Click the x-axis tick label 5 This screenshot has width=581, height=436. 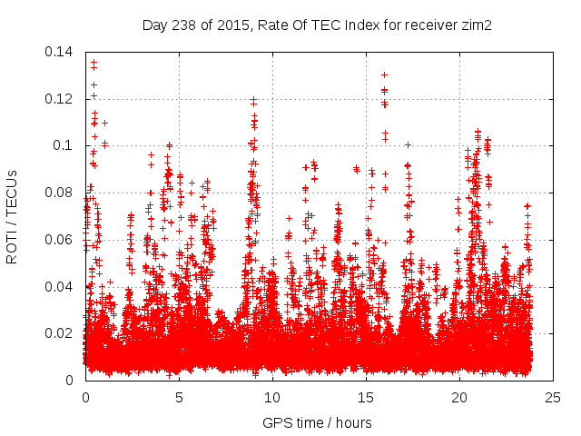point(179,397)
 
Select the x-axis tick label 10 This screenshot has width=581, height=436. point(272,397)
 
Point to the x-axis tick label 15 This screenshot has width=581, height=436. point(366,397)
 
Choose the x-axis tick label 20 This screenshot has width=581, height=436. point(459,397)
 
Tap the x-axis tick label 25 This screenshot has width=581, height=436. point(553,397)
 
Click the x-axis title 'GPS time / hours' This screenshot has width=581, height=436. point(317,422)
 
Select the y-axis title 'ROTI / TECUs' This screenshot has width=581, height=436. point(13,217)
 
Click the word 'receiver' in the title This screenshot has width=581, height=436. point(429,25)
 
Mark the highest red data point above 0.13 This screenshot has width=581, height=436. point(94,63)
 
